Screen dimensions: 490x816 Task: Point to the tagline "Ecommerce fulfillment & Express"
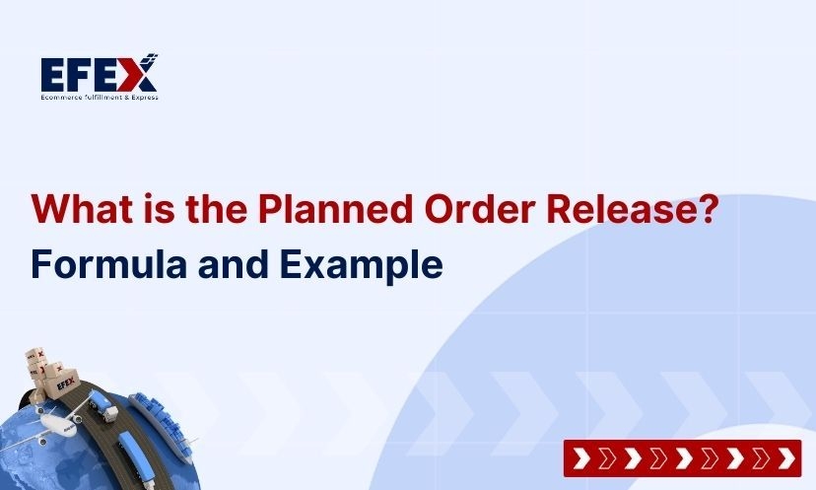point(100,97)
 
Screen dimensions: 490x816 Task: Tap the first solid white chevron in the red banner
point(580,458)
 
